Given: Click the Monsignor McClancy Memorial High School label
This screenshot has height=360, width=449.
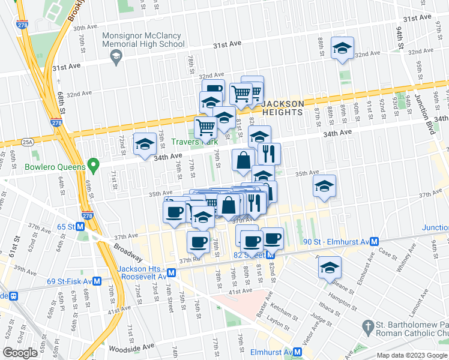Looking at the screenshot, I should [x=143, y=39].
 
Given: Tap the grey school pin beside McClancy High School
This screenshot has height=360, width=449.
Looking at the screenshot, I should [x=116, y=56].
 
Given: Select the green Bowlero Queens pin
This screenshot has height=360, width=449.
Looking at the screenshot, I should [x=92, y=163].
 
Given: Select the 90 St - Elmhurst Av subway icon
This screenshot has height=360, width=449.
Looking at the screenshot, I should [x=374, y=241].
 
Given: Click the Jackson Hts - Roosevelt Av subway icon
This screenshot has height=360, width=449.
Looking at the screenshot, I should [x=172, y=272].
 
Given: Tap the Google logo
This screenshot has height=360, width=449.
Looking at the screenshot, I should [x=20, y=353].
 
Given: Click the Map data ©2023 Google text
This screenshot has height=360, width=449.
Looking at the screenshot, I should [x=412, y=355].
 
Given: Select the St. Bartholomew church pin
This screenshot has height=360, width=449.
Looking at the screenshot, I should [x=367, y=326].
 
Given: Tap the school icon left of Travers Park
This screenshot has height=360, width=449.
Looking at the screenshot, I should [x=144, y=144].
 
